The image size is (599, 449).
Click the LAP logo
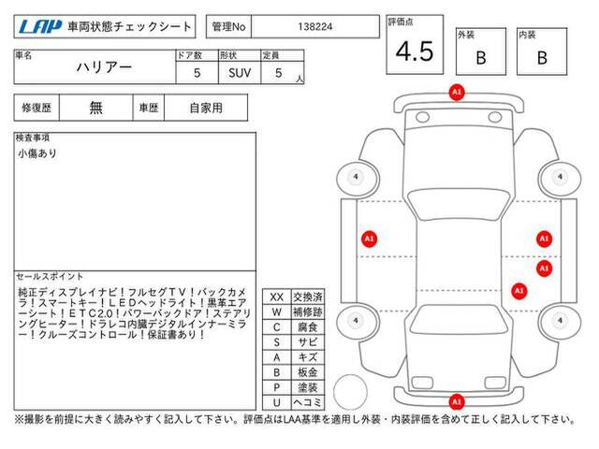(x=40, y=27)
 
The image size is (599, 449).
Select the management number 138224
(x=315, y=27)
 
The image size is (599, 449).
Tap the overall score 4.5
(x=415, y=51)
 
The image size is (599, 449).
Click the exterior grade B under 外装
(x=481, y=58)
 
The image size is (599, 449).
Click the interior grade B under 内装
(x=542, y=58)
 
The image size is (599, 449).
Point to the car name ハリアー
(x=104, y=67)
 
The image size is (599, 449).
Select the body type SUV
(x=240, y=73)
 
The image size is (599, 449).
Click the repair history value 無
(x=95, y=108)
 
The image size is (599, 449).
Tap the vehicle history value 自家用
(x=206, y=108)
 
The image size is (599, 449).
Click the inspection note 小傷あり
(x=37, y=153)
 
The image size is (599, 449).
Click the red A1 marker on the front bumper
(x=457, y=93)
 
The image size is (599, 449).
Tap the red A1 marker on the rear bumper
(x=457, y=401)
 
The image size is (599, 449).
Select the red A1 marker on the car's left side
(x=369, y=239)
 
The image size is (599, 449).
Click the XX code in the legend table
(x=277, y=297)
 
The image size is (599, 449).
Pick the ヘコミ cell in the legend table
(x=308, y=402)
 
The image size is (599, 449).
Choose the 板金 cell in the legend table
(x=308, y=372)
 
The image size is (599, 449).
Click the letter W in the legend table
(x=277, y=312)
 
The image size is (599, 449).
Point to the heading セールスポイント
(x=50, y=276)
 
